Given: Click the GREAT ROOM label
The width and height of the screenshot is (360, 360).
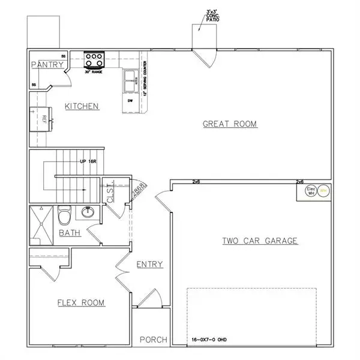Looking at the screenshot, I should pyautogui.click(x=229, y=124).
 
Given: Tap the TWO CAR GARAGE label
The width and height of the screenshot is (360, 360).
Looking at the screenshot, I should pyautogui.click(x=260, y=241).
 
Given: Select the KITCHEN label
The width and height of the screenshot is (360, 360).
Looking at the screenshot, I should pyautogui.click(x=82, y=106).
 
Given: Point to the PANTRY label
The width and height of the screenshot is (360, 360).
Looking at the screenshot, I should pyautogui.click(x=47, y=65).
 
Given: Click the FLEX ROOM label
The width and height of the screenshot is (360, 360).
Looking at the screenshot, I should pyautogui.click(x=80, y=303).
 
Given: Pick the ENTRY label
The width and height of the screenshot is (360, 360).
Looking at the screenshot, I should pyautogui.click(x=149, y=265).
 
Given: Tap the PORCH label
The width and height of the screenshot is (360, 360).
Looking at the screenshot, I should pyautogui.click(x=153, y=340).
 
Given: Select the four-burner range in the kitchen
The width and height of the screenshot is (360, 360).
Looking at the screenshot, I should pyautogui.click(x=94, y=59).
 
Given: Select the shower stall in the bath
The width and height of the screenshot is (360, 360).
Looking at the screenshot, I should pyautogui.click(x=41, y=224).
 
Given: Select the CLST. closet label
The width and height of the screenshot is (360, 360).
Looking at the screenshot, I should pyautogui.click(x=110, y=194).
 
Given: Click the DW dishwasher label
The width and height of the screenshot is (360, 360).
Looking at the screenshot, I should pyautogui.click(x=130, y=101).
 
